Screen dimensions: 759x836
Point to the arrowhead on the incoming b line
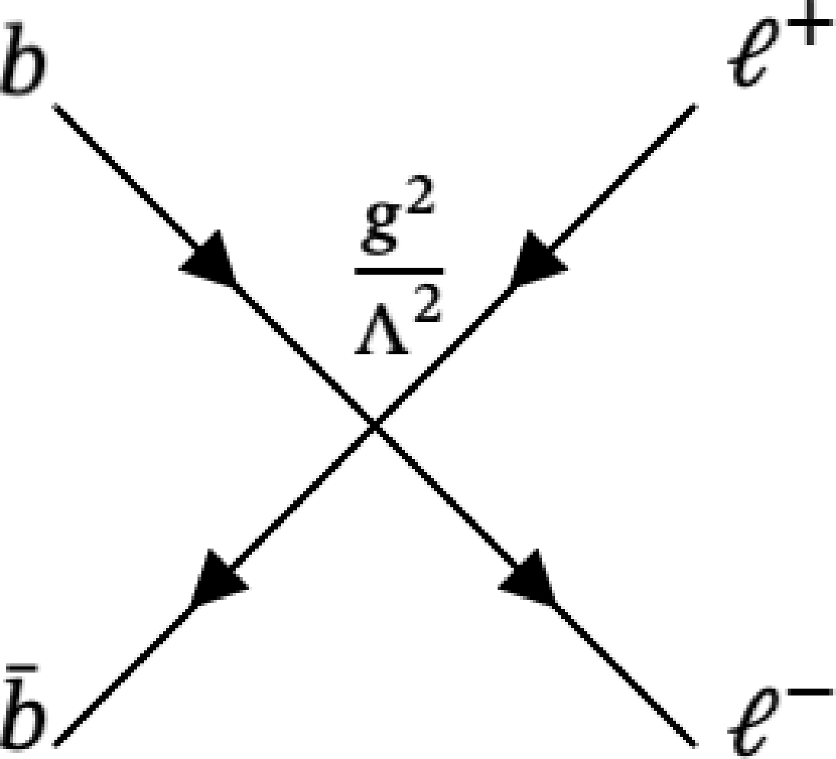(211, 258)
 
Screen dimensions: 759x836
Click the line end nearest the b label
(55, 106)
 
